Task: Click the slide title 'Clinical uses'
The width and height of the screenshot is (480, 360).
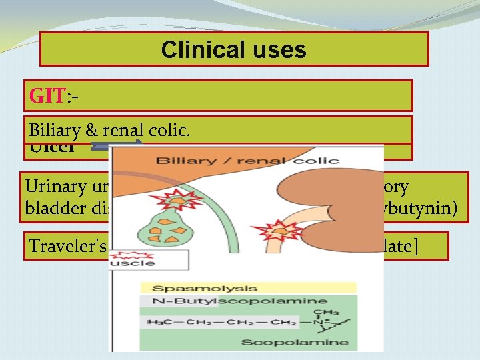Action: tap(233, 50)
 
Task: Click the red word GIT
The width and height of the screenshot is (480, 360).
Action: tap(46, 96)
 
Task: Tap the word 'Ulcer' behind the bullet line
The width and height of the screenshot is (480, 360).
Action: tap(52, 148)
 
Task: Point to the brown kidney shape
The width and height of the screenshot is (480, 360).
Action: tap(340, 213)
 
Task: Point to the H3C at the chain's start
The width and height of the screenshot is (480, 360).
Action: tap(156, 323)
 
